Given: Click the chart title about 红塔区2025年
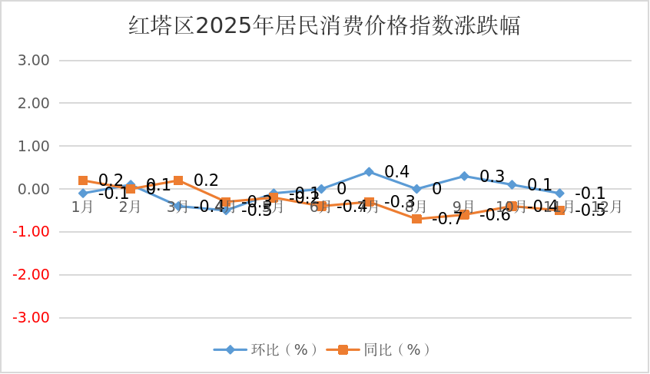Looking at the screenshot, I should tap(324, 26).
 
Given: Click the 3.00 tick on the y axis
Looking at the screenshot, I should tap(33, 61).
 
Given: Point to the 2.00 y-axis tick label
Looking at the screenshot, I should tap(33, 103).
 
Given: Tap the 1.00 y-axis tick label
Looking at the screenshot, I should tap(33, 146).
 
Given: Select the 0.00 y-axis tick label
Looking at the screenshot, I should tap(33, 189).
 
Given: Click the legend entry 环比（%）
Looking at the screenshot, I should tap(267, 349).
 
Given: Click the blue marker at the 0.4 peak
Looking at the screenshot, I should tap(369, 172).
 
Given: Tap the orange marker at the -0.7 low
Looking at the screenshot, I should tap(416, 219).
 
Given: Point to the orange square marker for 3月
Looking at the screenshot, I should tap(178, 180).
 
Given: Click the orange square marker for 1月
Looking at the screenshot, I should tap(83, 180).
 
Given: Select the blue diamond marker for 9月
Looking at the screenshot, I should tap(464, 176).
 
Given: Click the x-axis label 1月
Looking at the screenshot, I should tap(83, 207).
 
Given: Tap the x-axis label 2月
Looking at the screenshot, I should tap(131, 207).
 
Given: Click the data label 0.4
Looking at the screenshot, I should tap(396, 171).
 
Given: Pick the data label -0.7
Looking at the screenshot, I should tap(446, 219).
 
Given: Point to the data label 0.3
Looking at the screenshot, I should tap(492, 177).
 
